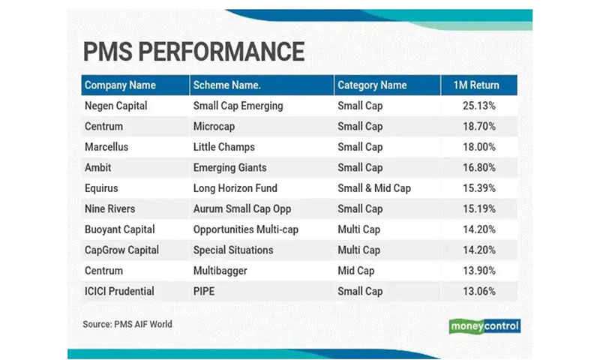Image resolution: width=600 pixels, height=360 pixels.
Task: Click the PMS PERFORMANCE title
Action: coord(193,52)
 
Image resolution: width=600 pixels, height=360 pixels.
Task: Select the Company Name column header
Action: coord(120,85)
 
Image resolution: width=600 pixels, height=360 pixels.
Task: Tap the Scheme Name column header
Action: coord(227,85)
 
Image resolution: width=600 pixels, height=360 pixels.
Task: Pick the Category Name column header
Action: coord(372,85)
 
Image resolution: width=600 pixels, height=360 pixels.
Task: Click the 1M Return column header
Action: coord(476,85)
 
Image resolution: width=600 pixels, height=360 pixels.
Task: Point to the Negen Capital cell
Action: coord(116,106)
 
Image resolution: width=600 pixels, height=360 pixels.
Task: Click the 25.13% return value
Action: coord(479,106)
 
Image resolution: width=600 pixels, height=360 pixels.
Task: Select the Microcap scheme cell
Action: coord(214,127)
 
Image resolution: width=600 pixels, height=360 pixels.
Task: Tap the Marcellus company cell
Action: coord(106,147)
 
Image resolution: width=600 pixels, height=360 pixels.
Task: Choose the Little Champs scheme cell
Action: coord(223,147)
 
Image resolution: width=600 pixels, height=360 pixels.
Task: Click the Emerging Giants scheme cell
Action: coord(230,168)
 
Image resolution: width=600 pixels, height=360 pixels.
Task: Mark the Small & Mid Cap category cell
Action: coord(374,188)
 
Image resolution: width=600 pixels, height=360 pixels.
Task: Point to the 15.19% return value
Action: coord(479,209)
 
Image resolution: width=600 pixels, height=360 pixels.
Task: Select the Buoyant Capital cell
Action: coord(120,229)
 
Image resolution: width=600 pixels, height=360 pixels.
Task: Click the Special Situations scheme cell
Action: coord(233,250)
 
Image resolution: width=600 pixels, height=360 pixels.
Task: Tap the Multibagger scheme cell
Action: coord(220,271)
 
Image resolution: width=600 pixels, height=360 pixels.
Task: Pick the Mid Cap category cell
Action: coord(355,271)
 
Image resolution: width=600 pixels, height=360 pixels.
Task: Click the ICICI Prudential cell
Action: coord(119,291)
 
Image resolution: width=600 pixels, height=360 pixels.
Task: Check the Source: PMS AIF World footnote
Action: coord(127,325)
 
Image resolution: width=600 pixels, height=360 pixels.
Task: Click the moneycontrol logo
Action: coord(484,326)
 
